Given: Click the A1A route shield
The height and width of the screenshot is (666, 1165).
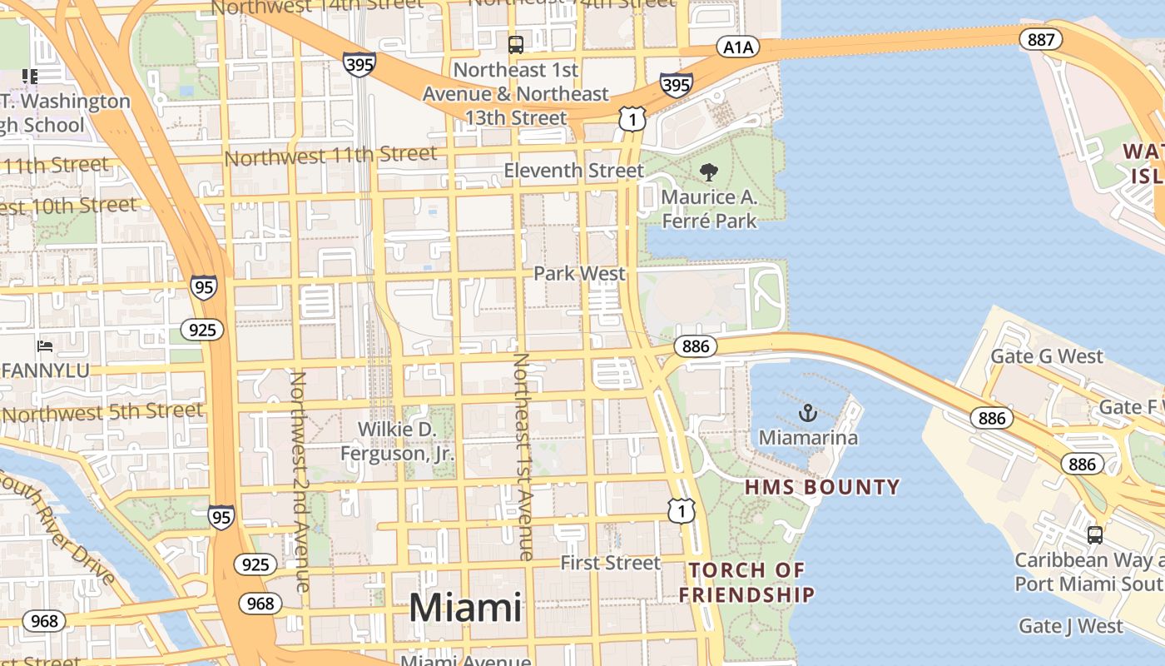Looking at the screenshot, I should point(738,47).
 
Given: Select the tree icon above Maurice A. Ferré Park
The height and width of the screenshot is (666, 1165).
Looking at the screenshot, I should point(709,172).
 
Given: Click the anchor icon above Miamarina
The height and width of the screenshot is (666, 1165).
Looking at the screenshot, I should point(807,412).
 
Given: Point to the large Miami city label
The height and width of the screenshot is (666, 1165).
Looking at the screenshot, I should point(465,608).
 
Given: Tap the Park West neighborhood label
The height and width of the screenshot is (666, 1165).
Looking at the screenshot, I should point(579,273).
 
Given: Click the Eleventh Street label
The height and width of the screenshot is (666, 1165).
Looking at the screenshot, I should point(574,171).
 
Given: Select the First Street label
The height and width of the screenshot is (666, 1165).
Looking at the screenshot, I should point(610,563).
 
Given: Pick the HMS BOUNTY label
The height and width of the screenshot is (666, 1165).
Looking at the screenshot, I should point(822,487).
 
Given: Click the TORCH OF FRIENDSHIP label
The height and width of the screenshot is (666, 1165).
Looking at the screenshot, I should point(746,582).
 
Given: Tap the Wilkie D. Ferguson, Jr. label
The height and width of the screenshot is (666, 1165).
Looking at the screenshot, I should point(398,441).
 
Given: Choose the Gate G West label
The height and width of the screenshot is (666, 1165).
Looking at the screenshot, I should point(1046,356).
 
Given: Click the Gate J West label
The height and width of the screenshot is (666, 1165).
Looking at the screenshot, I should point(1071,625).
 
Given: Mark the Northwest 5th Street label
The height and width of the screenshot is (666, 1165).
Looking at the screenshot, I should point(103,412).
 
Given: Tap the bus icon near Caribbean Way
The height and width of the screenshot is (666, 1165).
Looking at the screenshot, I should point(1095,535).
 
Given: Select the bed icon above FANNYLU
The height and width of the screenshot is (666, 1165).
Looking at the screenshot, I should point(45,345).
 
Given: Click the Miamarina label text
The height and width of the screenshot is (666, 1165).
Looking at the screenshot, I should point(807,437).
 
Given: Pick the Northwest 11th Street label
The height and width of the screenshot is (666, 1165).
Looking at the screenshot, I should point(330,156).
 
